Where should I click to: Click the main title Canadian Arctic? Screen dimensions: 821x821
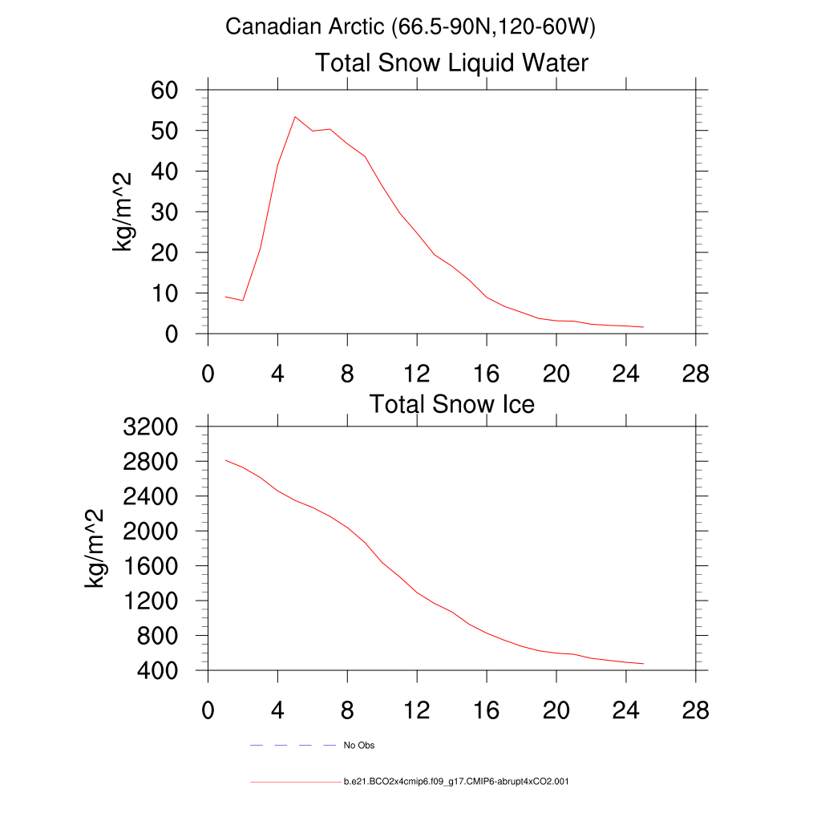[x=410, y=27]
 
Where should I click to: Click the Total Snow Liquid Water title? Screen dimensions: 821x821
[x=451, y=63]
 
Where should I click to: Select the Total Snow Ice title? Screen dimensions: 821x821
[x=451, y=404]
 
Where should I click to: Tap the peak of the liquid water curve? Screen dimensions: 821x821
[x=295, y=116]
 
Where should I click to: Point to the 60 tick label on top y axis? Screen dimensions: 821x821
[x=164, y=90]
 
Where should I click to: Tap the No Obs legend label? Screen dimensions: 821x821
[x=359, y=746]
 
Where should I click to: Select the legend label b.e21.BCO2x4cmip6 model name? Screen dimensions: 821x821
[x=456, y=781]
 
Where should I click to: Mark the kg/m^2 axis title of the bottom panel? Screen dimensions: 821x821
[x=95, y=548]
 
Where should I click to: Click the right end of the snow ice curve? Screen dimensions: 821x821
[x=644, y=664]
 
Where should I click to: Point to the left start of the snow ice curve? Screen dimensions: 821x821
[x=226, y=460]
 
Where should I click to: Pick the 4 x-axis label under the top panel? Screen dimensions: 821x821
[x=277, y=374]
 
